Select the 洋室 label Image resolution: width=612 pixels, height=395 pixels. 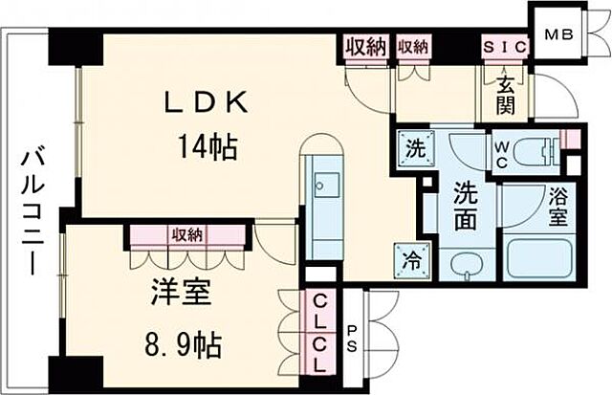click(180, 293)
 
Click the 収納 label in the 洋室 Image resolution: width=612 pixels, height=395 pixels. click(187, 234)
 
